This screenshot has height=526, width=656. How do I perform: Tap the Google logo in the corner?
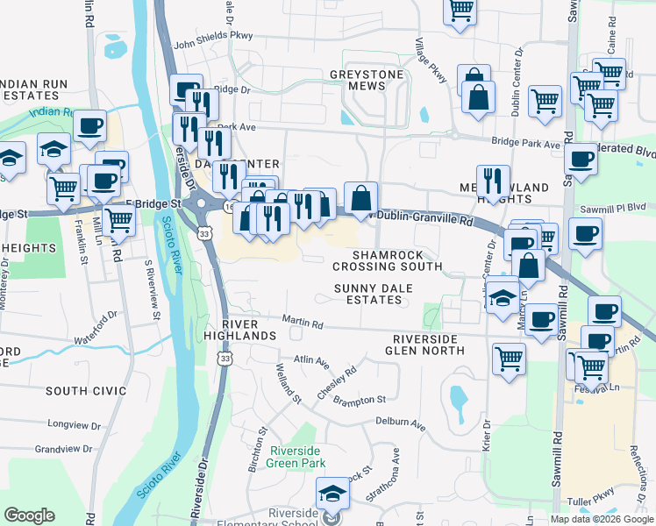tap(29, 515)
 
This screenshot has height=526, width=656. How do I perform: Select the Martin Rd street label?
tap(303, 324)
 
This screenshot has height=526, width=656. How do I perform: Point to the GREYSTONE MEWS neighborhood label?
tap(368, 80)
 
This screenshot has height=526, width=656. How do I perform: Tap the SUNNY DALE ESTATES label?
tap(368, 294)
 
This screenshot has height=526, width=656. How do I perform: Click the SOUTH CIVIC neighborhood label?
tap(87, 390)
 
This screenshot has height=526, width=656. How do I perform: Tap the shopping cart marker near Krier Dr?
tap(510, 358)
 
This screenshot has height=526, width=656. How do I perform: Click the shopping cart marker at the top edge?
tap(460, 11)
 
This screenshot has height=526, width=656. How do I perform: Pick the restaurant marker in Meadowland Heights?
tap(493, 181)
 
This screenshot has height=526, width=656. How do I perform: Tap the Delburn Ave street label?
tap(400, 423)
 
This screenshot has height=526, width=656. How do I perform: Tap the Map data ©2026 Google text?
tap(602, 519)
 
